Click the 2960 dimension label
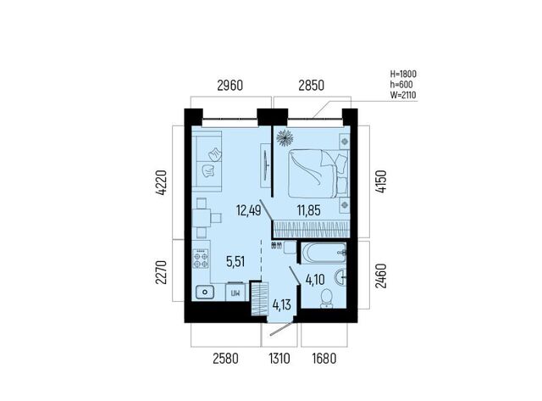click(x=230, y=86)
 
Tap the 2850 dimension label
click(x=311, y=86)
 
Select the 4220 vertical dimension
click(x=161, y=183)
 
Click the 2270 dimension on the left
click(x=161, y=272)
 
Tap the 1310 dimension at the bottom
click(x=279, y=359)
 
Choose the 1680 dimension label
click(x=324, y=359)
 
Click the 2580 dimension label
click(x=225, y=359)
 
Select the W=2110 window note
click(x=403, y=95)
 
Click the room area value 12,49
click(x=248, y=210)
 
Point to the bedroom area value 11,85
click(x=308, y=210)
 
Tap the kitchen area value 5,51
click(x=235, y=262)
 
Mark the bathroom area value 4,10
click(x=315, y=280)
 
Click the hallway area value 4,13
click(x=281, y=305)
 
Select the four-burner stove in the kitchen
click(x=201, y=259)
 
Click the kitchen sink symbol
click(x=205, y=292)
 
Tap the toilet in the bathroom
click(x=326, y=298)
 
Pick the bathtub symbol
click(x=324, y=253)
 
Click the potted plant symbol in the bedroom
click(x=285, y=137)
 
